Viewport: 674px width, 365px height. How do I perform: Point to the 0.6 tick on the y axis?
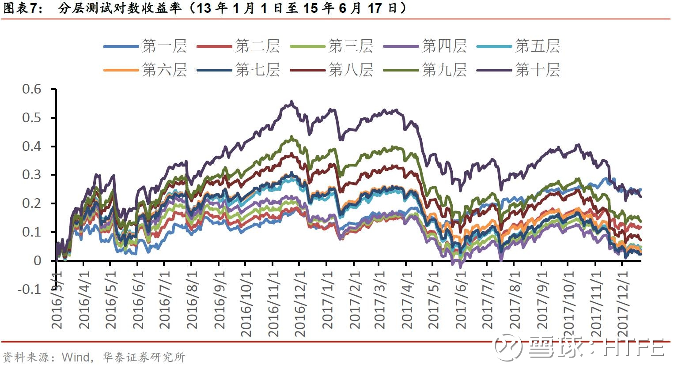[31, 89]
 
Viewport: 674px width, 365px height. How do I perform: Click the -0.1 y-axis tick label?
[29, 290]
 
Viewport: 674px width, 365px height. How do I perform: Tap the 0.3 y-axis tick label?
[31, 175]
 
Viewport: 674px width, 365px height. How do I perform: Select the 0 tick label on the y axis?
[37, 261]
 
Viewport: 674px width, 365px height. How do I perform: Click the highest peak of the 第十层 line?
[292, 102]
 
